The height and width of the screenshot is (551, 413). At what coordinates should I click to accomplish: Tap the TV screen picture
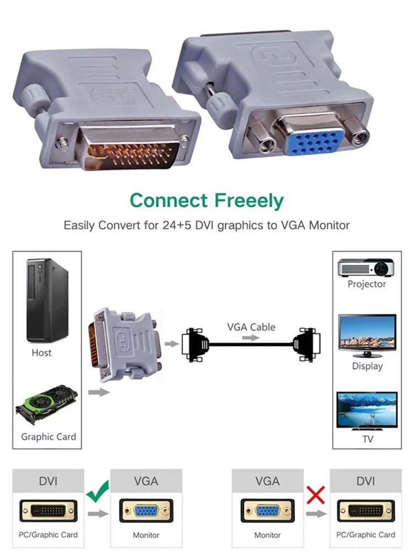coord(366,413)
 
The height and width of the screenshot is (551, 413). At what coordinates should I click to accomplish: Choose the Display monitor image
coord(366,332)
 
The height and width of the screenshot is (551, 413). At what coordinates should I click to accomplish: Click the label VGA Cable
coord(251,327)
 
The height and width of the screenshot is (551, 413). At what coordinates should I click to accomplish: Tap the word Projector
coord(367,284)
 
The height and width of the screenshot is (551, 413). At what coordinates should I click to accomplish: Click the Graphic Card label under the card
coord(48,437)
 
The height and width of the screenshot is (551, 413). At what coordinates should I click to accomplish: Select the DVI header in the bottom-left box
coord(48,481)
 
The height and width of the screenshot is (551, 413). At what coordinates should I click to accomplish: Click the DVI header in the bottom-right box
coord(366,481)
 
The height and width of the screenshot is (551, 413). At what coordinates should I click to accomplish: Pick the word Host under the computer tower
coord(42,353)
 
